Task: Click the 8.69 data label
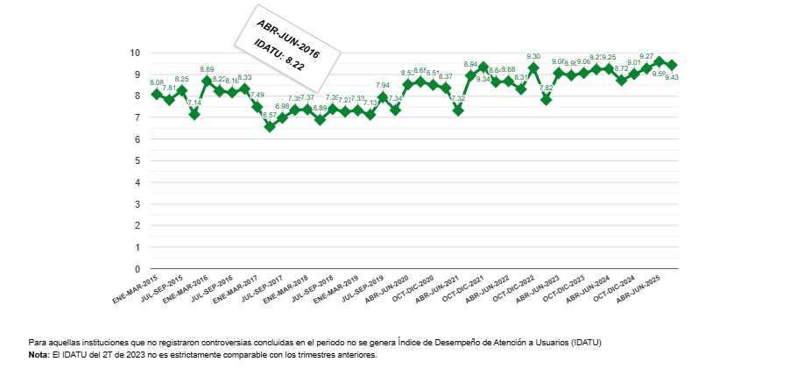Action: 208,69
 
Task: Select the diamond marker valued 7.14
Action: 194,114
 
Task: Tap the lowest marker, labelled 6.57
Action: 270,126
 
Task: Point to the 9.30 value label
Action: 533,57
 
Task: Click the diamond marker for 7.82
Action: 546,99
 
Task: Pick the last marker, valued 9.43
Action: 672,65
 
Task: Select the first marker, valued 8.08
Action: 157,94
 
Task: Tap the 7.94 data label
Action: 383,86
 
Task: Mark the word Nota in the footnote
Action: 39,355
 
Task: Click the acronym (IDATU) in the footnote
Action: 584,342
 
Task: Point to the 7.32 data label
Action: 457,99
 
